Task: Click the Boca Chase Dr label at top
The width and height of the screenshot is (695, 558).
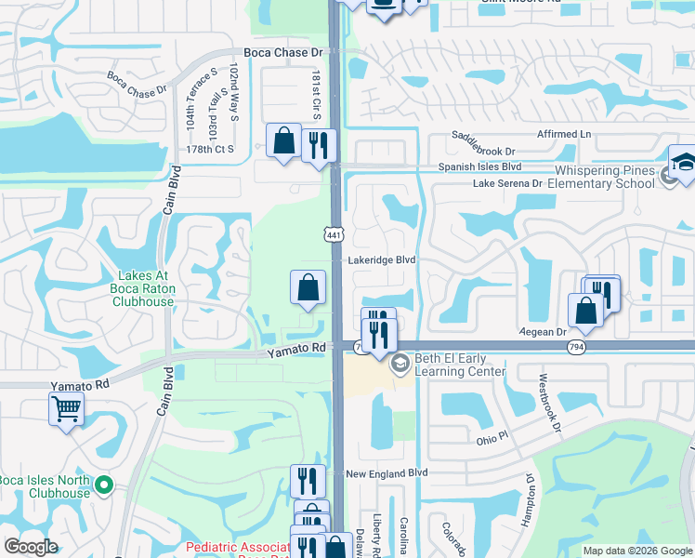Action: click(x=282, y=53)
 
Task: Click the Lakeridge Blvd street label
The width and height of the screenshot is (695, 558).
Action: click(x=381, y=260)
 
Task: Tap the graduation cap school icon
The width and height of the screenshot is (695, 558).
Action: click(x=683, y=161)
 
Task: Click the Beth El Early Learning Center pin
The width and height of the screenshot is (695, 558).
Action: click(x=400, y=363)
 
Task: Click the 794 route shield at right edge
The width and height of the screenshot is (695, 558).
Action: click(x=576, y=346)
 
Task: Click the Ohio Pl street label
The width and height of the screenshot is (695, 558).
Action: click(x=492, y=437)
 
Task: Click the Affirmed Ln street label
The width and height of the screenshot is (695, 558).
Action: click(x=564, y=134)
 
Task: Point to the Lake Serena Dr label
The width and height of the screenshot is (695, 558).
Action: click(x=507, y=184)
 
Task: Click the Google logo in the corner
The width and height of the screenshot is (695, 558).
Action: click(x=31, y=547)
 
